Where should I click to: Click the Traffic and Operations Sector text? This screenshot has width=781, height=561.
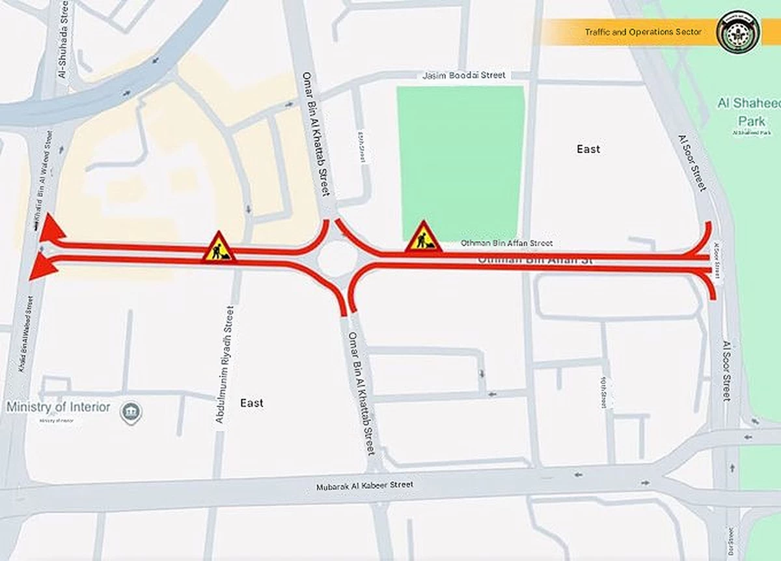pos(643,32)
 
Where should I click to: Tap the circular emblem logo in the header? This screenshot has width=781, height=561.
pos(738,31)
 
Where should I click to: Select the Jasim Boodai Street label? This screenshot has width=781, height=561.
pos(463,76)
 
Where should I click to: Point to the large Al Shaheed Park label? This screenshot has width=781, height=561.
pos(751,111)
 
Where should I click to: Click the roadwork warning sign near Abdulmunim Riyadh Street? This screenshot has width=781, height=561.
pos(219,247)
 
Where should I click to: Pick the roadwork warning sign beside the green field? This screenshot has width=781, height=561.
pos(424,237)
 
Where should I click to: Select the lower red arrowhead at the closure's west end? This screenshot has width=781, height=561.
pos(42,266)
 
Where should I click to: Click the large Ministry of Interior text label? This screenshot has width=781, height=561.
pos(59,407)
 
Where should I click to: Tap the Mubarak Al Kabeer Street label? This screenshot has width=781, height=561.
pos(364,485)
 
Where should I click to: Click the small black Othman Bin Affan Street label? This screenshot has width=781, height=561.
pos(506,243)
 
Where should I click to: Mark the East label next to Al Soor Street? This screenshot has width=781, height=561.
pos(588,149)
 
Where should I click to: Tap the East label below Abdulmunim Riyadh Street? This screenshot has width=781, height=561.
pos(251,403)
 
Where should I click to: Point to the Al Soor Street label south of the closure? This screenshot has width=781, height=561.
pos(726,369)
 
